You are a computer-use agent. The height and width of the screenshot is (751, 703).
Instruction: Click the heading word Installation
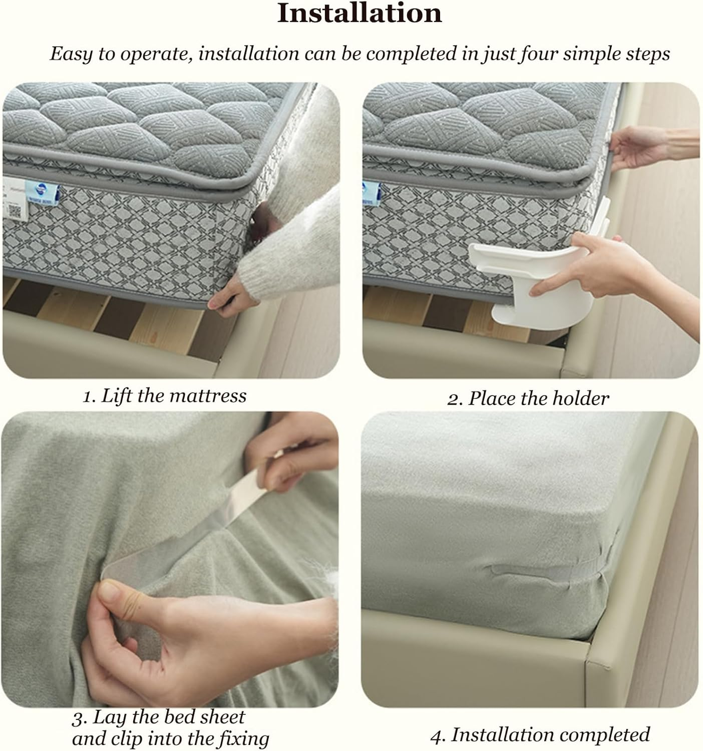click(x=360, y=14)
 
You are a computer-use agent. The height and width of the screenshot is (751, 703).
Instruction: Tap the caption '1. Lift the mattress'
click(x=164, y=396)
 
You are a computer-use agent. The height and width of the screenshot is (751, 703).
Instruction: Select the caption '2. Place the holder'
click(x=528, y=399)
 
